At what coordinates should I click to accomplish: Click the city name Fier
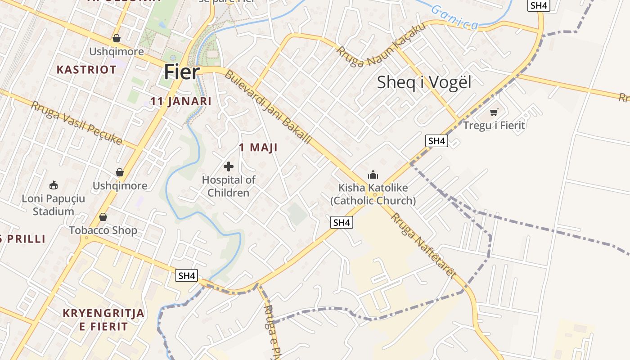click(181, 72)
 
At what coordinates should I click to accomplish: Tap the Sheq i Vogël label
click(424, 82)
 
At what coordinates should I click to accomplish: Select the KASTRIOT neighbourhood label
click(86, 70)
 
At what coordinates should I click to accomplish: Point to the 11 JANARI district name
click(181, 101)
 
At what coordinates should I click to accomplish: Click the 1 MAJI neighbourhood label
click(258, 148)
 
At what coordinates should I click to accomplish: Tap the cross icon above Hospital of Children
click(229, 166)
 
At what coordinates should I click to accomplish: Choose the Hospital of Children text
click(229, 186)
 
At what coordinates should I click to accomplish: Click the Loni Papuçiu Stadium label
click(54, 205)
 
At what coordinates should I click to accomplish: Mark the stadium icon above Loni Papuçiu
click(54, 185)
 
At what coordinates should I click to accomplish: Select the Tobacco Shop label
click(103, 230)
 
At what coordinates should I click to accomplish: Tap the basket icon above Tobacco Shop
click(103, 217)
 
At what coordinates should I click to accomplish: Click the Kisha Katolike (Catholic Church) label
click(373, 194)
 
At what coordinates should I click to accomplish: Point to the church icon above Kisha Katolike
click(373, 175)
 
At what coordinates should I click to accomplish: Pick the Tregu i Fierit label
click(494, 126)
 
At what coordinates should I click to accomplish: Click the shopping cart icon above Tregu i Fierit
click(494, 112)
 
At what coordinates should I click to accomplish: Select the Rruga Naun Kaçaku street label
click(381, 45)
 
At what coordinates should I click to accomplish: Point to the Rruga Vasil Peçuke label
click(76, 123)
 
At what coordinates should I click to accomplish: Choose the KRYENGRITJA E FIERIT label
click(104, 320)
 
